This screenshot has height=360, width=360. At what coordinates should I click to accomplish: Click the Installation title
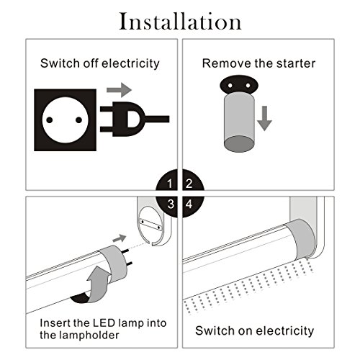pos(180,22)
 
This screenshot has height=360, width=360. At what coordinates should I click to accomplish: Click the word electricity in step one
pos(130,63)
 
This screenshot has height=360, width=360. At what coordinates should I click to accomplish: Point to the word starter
pos(296,63)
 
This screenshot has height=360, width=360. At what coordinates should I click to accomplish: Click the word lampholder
pos(93,336)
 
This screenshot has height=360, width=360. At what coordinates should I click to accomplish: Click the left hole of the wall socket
pos(50,120)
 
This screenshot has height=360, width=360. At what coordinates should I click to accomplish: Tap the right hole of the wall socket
pos(78,120)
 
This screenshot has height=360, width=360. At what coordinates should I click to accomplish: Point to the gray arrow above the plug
pos(119,90)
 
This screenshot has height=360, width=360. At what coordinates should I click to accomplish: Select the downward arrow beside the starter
pos(264,118)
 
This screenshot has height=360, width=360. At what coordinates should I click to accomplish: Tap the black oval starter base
pos(238,84)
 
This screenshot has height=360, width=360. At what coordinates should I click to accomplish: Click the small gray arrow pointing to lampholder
pos(120,238)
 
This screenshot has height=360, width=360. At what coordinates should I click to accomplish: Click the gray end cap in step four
pos(301,239)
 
